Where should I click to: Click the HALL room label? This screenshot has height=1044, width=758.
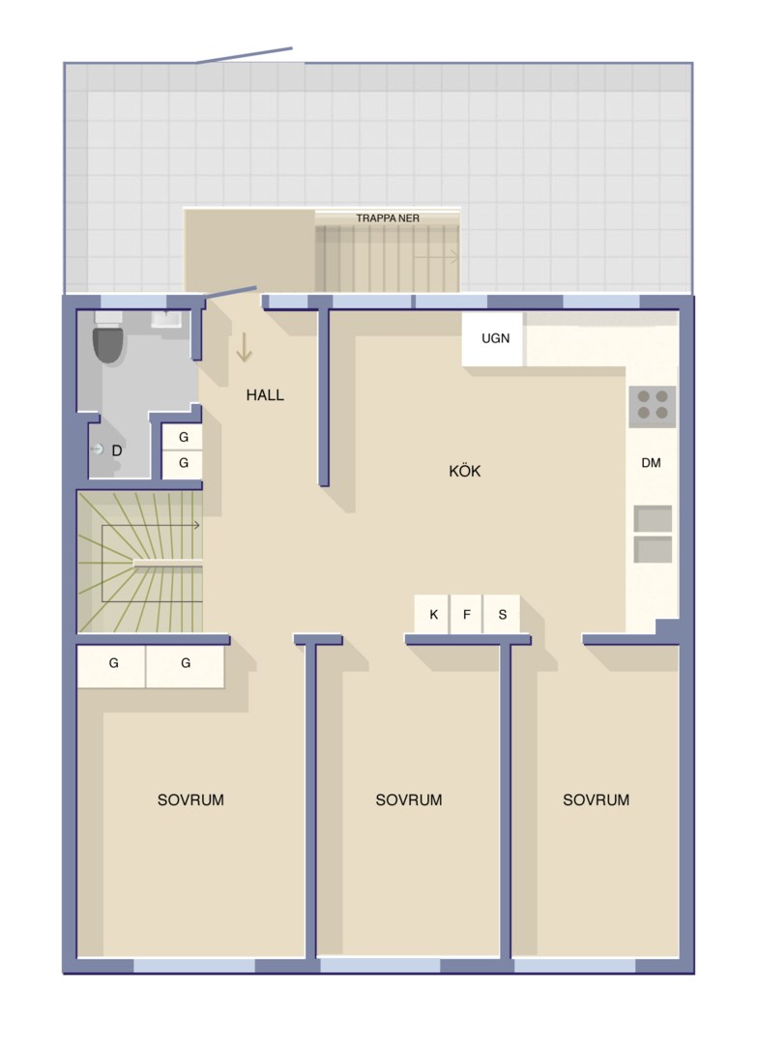tap(265, 394)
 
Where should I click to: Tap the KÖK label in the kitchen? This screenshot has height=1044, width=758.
tap(465, 471)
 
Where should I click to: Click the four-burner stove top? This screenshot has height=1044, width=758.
tap(652, 405)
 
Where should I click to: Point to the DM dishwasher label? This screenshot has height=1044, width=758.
tap(651, 463)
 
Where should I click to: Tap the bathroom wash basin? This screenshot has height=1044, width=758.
tap(166, 319)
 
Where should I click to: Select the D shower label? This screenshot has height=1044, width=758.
tap(117, 450)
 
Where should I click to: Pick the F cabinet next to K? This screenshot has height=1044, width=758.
tap(466, 614)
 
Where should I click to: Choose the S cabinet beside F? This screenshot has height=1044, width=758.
tap(502, 614)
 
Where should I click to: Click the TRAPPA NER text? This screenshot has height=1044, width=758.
tap(388, 217)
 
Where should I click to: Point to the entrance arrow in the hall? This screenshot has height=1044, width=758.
tap(244, 347)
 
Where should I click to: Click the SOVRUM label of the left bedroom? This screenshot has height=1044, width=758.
tap(190, 799)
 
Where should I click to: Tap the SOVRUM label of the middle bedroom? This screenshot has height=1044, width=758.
tap(409, 799)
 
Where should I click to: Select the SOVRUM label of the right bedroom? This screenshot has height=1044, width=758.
tap(597, 799)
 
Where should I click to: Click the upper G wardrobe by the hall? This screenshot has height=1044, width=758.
tap(183, 438)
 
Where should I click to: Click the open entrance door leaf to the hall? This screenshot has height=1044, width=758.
tap(230, 293)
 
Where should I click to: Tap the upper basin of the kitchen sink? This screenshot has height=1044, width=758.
tap(653, 519)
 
